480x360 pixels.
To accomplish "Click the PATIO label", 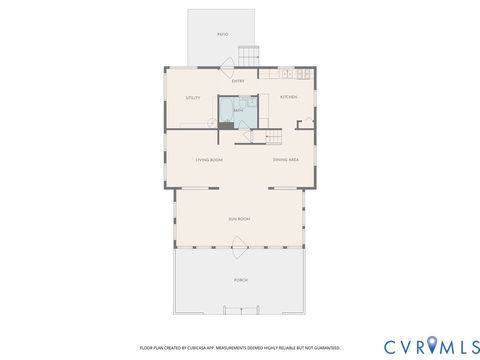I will tap(223, 35).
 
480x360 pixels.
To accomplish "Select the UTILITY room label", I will tap(193, 98).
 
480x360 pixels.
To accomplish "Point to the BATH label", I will tap(238, 110).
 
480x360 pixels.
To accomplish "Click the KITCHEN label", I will tap(288, 98).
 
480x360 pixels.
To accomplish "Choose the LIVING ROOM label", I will tap(208, 160).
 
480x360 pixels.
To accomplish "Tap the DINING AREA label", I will tap(286, 160).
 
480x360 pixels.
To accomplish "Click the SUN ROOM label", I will tap(238, 218).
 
